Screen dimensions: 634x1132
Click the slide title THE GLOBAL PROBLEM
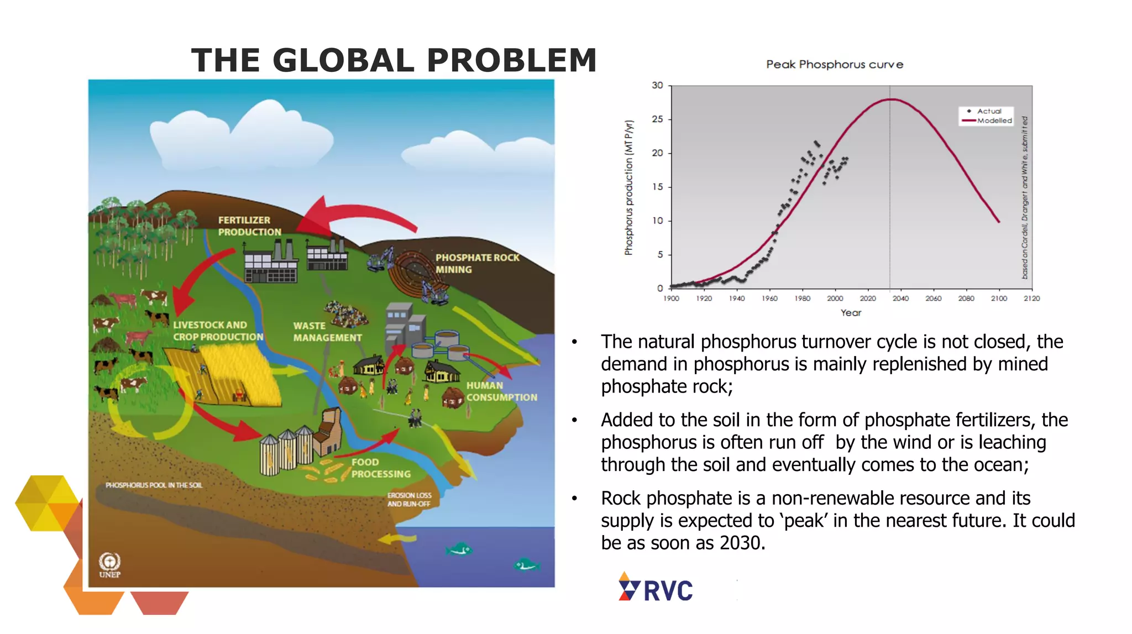point(394,60)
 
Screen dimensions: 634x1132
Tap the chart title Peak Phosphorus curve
point(834,65)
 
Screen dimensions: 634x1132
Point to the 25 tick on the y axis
point(657,119)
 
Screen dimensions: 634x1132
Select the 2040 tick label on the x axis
point(900,298)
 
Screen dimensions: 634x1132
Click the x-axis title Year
point(851,313)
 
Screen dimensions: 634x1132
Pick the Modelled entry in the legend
point(994,120)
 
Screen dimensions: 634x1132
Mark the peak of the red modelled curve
point(890,99)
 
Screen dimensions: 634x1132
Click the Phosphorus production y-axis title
point(628,188)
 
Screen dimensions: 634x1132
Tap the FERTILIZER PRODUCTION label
point(249,226)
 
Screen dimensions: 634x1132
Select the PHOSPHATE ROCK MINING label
point(476,264)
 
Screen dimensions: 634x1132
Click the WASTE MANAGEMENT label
point(327,332)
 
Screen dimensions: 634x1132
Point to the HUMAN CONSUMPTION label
point(501,391)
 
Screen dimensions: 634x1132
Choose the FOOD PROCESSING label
point(381,468)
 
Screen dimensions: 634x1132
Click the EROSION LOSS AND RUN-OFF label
point(409,500)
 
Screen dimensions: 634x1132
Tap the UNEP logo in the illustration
point(109,565)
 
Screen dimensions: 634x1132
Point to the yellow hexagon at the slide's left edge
point(47,502)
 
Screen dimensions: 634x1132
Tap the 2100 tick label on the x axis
point(999,298)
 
